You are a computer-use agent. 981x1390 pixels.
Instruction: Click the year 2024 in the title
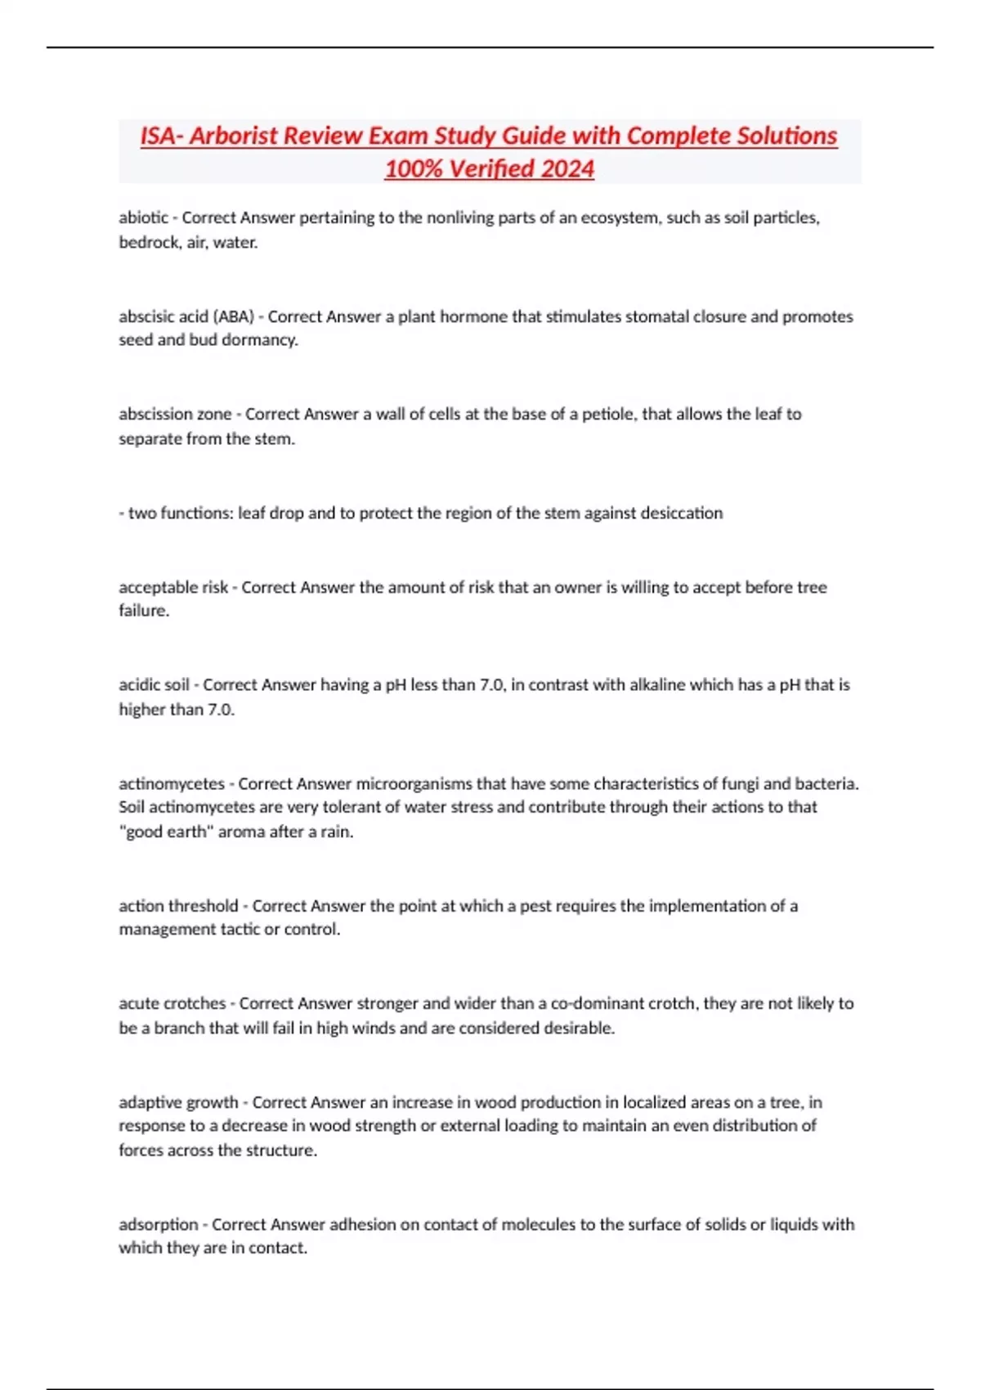coord(567,168)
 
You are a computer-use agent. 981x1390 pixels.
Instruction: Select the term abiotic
coord(143,217)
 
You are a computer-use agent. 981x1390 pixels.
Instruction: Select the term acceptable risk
coord(173,587)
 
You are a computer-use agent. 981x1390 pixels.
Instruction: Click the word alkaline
coord(657,685)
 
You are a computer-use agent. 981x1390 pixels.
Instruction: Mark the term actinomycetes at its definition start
coord(172,783)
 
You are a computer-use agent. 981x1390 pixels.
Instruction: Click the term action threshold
coord(178,906)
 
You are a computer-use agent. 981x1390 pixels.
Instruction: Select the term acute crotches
coord(172,1003)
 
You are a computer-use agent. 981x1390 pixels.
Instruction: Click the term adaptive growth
coord(178,1102)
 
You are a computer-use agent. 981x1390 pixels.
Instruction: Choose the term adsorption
coord(159,1225)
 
